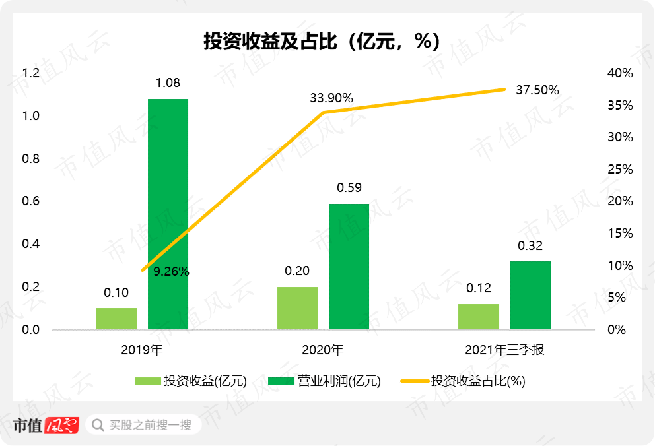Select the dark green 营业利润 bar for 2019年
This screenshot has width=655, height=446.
pos(168,214)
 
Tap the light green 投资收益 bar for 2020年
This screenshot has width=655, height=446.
pos(297,308)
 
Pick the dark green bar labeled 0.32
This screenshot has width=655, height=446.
pos(530,295)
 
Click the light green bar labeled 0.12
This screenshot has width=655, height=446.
pos(479,317)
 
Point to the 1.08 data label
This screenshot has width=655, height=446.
pos(168,83)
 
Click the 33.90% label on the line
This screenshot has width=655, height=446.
pos(331,98)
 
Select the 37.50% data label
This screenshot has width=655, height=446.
pos(537,90)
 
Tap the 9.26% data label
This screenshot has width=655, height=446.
pos(172,271)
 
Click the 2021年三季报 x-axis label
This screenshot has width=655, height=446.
pos(504,350)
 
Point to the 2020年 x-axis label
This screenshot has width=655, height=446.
pos(323,350)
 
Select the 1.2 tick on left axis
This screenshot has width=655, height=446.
pos(31,73)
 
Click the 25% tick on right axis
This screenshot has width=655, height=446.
pos(619,170)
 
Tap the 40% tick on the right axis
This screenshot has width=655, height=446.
pos(619,73)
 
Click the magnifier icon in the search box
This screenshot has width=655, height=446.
pos(98,425)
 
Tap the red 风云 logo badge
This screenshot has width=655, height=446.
pos(62,425)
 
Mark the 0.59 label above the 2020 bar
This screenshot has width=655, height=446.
pos(349,188)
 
